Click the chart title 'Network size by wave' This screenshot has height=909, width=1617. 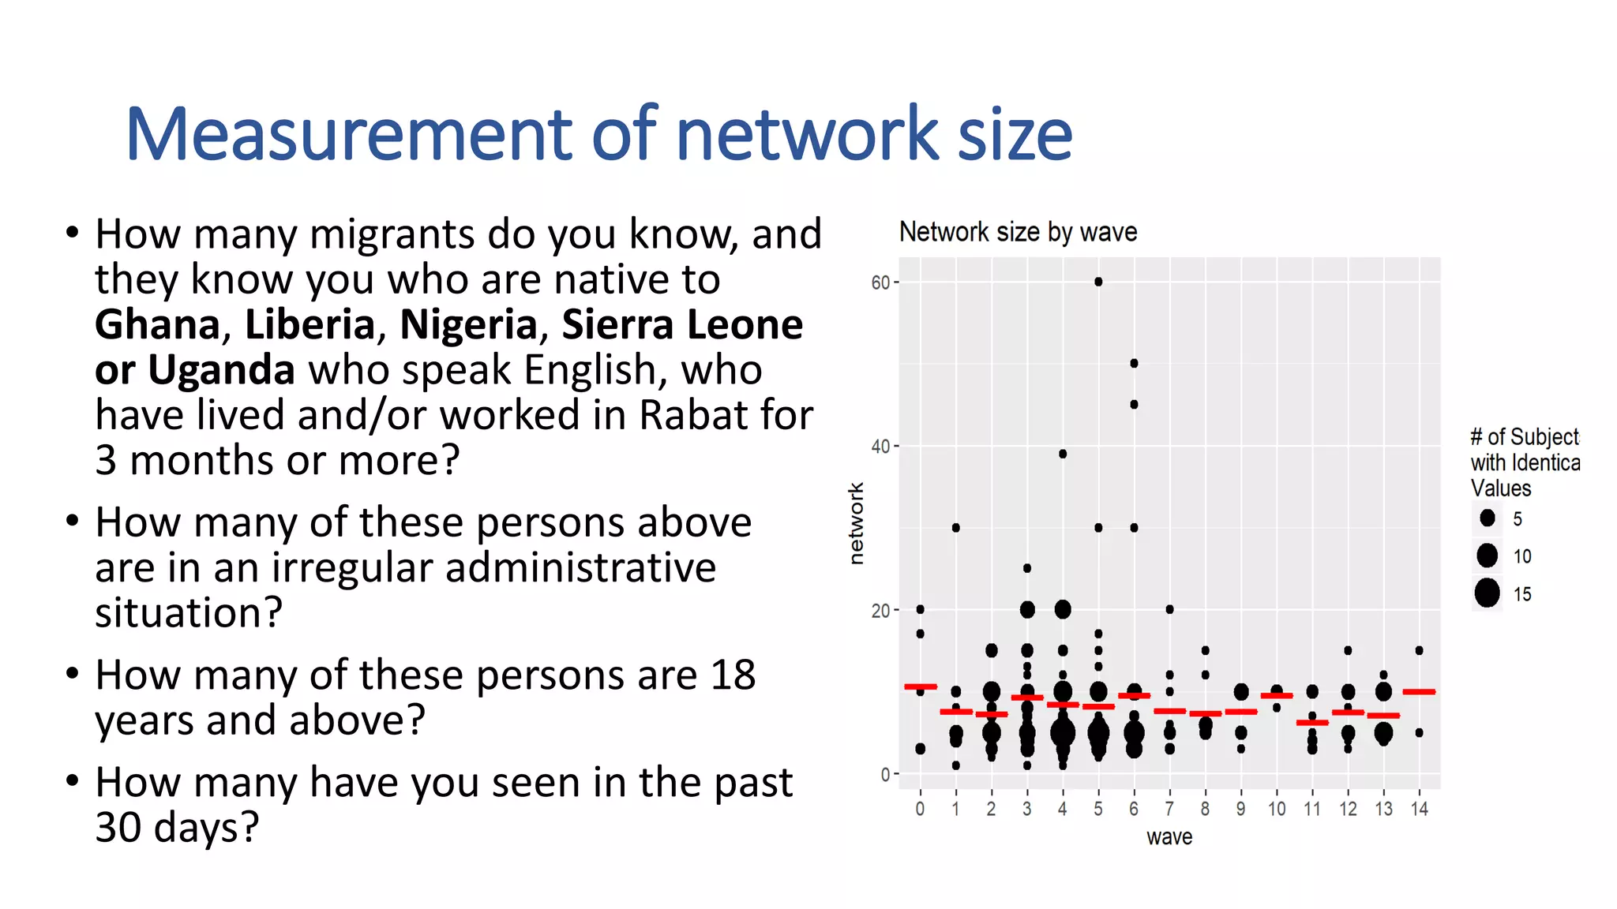click(1018, 232)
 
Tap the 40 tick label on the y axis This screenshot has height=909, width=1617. click(880, 447)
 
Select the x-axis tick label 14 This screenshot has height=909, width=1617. click(1419, 809)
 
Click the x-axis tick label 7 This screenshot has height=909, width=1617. click(1169, 809)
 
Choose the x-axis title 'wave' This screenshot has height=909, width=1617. click(1169, 836)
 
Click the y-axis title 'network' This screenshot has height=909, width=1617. click(856, 523)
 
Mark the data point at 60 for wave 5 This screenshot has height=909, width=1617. click(1098, 282)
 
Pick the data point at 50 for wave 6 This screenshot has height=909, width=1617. click(1134, 364)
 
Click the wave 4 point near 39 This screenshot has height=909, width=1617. click(1063, 454)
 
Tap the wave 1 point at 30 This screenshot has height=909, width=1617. click(956, 528)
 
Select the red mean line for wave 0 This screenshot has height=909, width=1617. click(921, 686)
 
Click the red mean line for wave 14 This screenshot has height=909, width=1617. click(1419, 692)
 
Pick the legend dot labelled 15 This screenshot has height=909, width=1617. click(1487, 593)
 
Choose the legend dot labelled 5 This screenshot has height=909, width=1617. click(1488, 518)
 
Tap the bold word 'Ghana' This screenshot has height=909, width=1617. click(157, 324)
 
